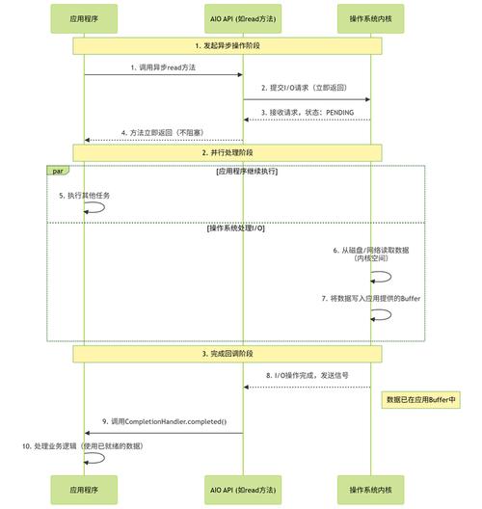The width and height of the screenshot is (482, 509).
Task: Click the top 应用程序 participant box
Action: tap(83, 18)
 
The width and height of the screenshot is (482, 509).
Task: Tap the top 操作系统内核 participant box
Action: tap(371, 18)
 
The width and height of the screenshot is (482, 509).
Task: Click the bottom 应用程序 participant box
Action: tap(83, 490)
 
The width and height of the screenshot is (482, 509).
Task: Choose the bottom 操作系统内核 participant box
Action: tap(371, 490)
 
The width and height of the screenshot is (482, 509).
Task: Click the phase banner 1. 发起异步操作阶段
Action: tap(228, 45)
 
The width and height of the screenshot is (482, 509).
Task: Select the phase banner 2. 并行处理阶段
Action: tap(228, 152)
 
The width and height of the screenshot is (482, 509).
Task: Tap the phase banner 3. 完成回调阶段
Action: tap(228, 354)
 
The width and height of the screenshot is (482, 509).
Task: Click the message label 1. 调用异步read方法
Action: tap(162, 67)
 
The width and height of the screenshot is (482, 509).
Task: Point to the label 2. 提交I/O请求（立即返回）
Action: tap(306, 89)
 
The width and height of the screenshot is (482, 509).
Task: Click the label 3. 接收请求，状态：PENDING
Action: tap(306, 112)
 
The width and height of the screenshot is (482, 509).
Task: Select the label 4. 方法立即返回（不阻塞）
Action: tap(162, 132)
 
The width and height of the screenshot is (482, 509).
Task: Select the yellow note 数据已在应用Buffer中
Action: tap(420, 398)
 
